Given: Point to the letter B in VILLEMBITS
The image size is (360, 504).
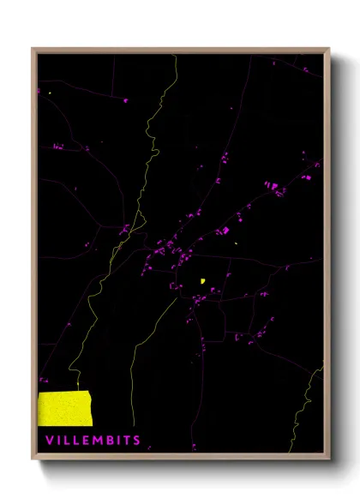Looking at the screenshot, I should click(x=105, y=441).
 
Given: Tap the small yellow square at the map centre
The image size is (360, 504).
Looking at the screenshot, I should click(x=202, y=279).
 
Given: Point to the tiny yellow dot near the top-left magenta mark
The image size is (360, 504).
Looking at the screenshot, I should click(x=51, y=92).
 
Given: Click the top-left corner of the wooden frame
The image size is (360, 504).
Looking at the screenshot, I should click(x=33, y=50).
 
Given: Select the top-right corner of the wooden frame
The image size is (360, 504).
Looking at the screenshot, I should click(x=328, y=50).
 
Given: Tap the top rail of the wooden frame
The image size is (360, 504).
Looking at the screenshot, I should click(x=180, y=51).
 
